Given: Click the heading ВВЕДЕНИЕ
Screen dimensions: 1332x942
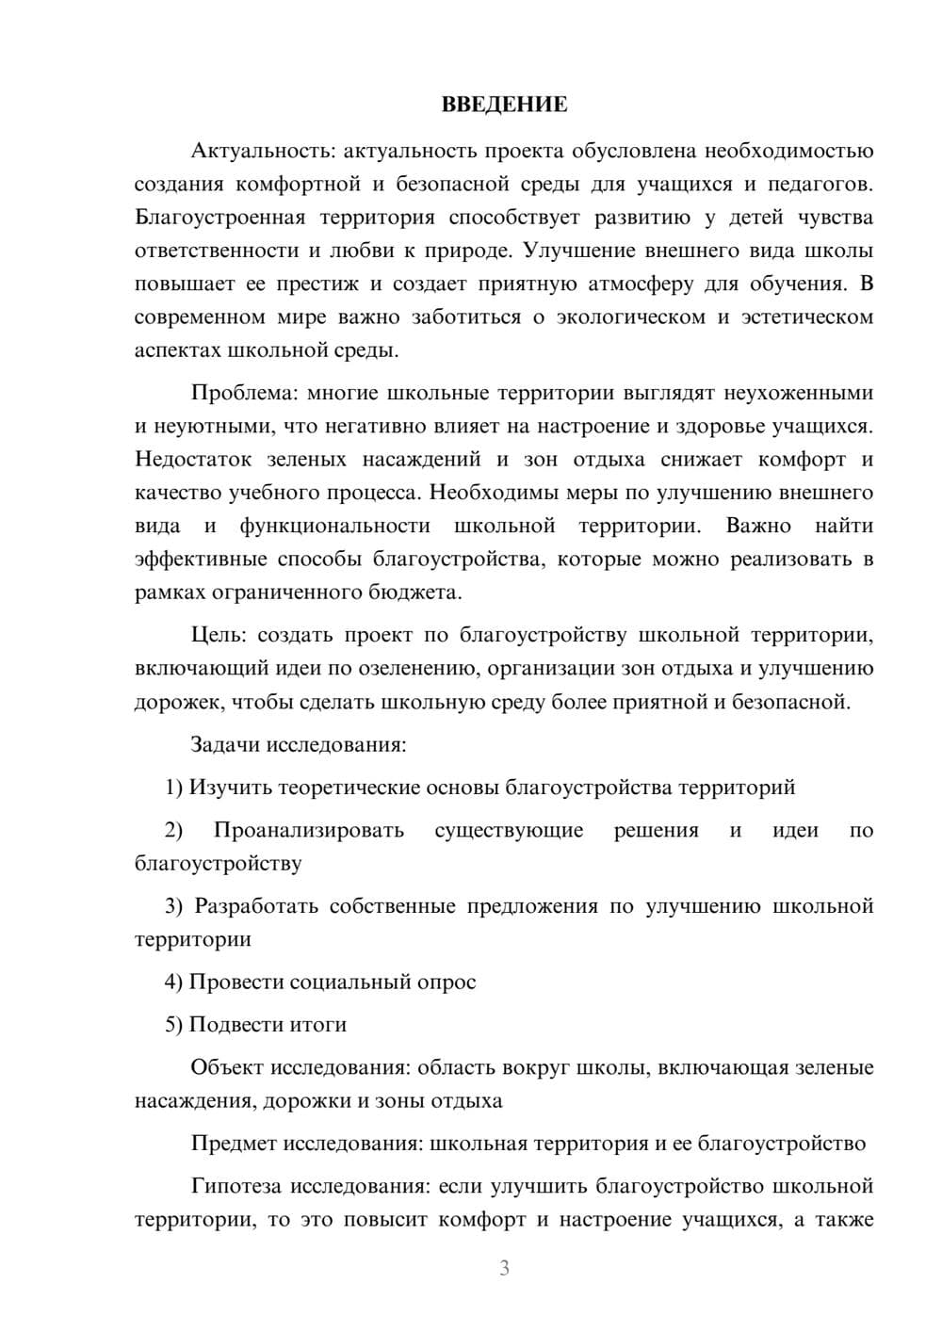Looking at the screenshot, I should point(504,105).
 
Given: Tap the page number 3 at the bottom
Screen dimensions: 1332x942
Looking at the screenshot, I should point(504,1268).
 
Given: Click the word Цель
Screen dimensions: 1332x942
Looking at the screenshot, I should point(218,635).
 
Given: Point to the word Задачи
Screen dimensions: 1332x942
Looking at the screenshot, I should point(226,744).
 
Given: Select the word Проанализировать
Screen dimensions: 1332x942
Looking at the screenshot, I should point(308,830).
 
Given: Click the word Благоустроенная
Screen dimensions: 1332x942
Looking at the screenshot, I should point(220,218).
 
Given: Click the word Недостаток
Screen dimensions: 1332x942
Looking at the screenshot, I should point(193,460).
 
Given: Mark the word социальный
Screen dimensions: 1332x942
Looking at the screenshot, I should point(350,982).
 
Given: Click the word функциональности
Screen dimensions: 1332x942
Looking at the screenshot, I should point(334,526).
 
